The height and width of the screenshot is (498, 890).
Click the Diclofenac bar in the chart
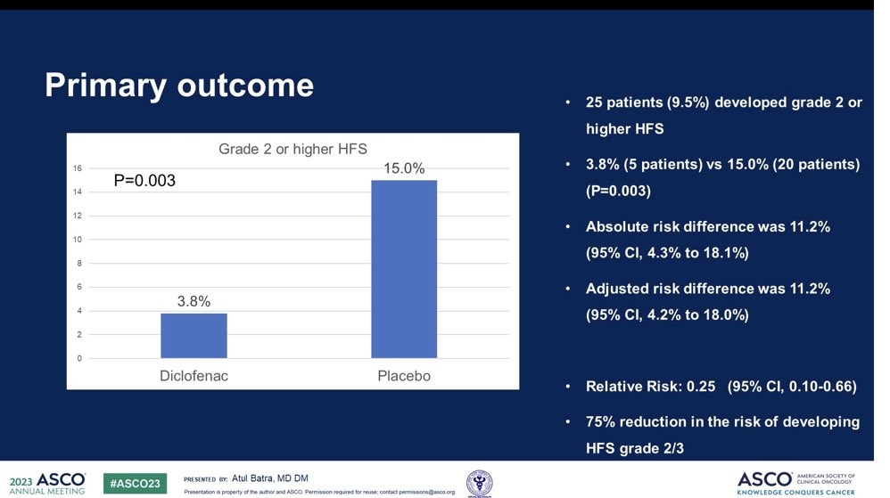pos(194,336)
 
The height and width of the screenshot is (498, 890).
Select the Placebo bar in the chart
pos(404,269)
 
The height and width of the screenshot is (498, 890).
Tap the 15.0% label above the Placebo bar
pos(404,167)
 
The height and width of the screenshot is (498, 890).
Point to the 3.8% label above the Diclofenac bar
pos(194,301)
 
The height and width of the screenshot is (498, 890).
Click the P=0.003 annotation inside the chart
pos(144,181)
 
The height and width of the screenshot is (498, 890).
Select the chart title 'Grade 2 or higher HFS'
pos(293,149)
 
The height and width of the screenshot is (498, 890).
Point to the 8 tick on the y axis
pos(78,264)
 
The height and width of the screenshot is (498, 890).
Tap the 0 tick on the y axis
pos(78,359)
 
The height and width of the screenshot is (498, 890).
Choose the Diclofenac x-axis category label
pos(194,376)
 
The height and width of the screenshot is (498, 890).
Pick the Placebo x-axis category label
pos(404,376)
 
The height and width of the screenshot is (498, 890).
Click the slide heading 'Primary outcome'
pos(179,86)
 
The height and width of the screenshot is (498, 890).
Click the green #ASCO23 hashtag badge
pos(135,483)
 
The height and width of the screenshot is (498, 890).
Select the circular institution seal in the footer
pos(480,481)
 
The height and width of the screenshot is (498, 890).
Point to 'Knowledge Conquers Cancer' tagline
pos(795,491)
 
